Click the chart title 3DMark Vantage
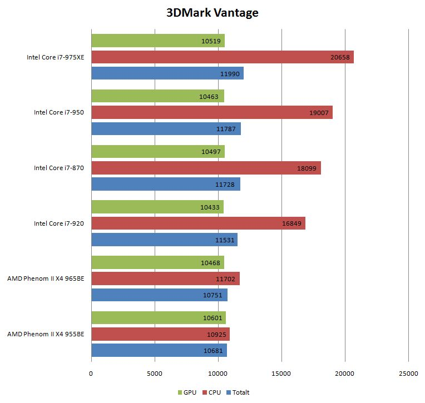point(212,13)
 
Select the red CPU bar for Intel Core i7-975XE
point(222,57)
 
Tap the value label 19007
point(320,112)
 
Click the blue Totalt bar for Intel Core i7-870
point(165,184)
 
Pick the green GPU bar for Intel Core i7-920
point(157,207)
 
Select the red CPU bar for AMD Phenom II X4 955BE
point(160,334)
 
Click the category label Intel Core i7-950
point(58,112)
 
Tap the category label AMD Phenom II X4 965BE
point(46,278)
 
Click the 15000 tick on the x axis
point(281,374)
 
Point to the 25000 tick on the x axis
point(408,374)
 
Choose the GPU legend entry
point(190,392)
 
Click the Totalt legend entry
point(238,392)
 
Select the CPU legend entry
point(211,392)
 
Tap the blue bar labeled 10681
point(159,350)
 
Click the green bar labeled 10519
point(157,41)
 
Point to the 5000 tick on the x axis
point(155,374)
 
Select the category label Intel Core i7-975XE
point(55,57)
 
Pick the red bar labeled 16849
point(198,223)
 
